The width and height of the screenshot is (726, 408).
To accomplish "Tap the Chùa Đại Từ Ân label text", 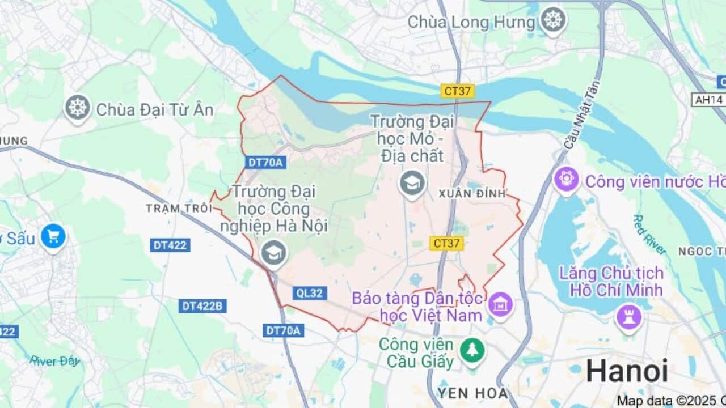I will (155, 110).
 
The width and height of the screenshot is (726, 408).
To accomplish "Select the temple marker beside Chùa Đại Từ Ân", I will (78, 107).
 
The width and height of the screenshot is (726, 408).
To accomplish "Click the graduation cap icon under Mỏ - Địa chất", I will (412, 183).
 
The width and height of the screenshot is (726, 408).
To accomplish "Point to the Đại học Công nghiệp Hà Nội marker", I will (274, 253).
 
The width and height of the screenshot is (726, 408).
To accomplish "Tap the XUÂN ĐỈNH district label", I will (472, 193).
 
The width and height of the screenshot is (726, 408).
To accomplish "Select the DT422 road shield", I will (171, 245).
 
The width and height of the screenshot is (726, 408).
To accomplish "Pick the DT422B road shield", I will (203, 306).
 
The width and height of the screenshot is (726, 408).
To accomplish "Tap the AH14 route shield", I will (708, 100).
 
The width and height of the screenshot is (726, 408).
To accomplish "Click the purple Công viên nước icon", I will (566, 180).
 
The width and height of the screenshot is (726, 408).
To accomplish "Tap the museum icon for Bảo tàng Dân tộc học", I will (500, 304).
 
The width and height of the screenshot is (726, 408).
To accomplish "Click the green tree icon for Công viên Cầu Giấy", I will (470, 350).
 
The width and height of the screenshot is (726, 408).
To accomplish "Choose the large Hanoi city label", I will (627, 371).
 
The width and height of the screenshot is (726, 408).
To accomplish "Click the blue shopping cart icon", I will (53, 237).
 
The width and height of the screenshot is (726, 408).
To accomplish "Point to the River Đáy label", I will (55, 360).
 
